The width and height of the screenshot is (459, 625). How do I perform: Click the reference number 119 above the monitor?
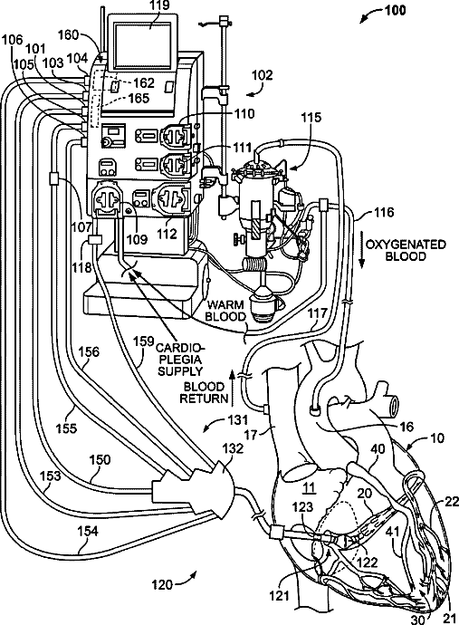pyautogui.click(x=160, y=5)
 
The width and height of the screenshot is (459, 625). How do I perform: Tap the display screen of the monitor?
pyautogui.click(x=143, y=43)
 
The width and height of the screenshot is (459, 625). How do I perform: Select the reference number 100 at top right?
pyautogui.click(x=396, y=10)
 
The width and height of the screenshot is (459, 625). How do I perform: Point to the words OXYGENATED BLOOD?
pyautogui.click(x=406, y=250)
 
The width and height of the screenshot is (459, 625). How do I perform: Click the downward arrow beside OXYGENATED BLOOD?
pyautogui.click(x=362, y=251)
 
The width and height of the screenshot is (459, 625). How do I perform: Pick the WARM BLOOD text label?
pyautogui.click(x=225, y=311)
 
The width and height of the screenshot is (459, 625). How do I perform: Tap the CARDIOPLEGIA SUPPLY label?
pyautogui.click(x=179, y=360)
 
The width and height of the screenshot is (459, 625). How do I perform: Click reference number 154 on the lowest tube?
pyautogui.click(x=88, y=532)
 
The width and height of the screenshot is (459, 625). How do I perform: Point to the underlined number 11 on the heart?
pyautogui.click(x=310, y=487)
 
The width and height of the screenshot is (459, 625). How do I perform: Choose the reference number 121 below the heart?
pyautogui.click(x=279, y=596)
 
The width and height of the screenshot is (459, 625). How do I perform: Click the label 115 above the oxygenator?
pyautogui.click(x=311, y=117)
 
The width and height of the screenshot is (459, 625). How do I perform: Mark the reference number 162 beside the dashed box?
pyautogui.click(x=143, y=82)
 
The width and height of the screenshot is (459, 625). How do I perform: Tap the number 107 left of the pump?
pyautogui.click(x=82, y=227)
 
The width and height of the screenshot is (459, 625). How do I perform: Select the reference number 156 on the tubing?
pyautogui.click(x=89, y=352)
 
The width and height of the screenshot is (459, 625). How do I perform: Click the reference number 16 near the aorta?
pyautogui.click(x=406, y=427)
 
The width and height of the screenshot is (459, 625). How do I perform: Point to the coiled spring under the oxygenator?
pyautogui.click(x=256, y=265)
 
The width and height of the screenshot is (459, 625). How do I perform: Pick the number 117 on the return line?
pyautogui.click(x=317, y=313)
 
